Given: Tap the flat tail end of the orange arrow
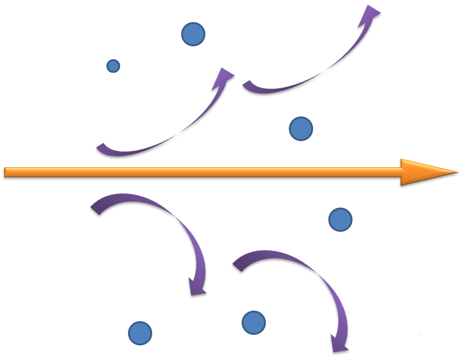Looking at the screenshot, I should pos(6,172).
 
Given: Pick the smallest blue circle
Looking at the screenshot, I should pos(113,66).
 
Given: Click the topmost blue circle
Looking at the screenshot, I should pos(193,34).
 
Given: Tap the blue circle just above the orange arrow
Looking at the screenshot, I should pos(301,128).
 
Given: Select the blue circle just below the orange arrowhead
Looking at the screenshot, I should pos(340,219).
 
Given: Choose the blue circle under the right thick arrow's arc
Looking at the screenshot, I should pos(254,322).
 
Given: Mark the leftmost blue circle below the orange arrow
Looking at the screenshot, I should pos(140,333).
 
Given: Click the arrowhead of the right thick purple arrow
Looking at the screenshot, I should pos(340,346).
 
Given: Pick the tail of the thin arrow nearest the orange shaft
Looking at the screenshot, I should pos(99,147).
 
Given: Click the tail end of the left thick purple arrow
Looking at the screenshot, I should pos(95,208).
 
